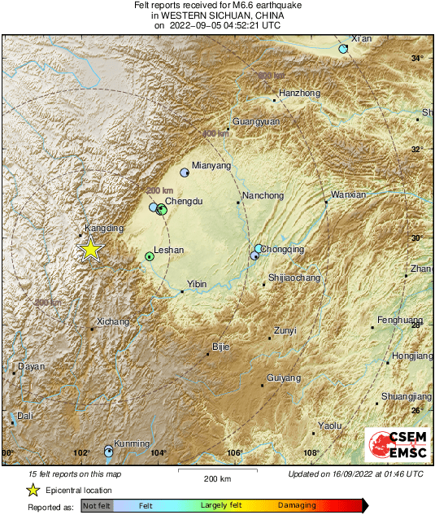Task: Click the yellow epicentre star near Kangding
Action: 91,250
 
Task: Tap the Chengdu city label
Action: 183,200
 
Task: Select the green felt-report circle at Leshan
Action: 150,256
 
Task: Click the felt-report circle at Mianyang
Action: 185,172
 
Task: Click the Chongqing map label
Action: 285,249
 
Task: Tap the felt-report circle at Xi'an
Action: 343,50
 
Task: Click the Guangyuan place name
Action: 256,121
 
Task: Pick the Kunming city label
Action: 132,443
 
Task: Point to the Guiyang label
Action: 284,378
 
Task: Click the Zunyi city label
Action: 285,330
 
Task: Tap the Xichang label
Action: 112,321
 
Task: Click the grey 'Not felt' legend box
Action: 97,505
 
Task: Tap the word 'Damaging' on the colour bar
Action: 298,505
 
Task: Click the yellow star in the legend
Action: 33,490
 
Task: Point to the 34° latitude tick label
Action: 417,58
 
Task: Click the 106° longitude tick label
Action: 235,453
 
